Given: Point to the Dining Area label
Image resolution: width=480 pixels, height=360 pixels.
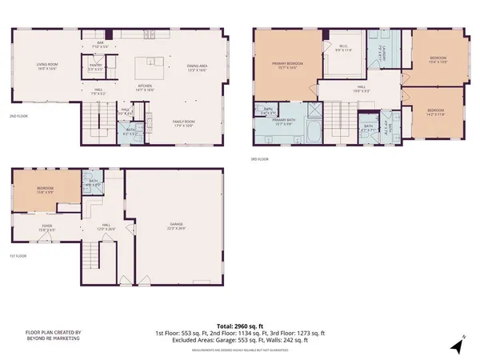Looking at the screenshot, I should click(198, 70).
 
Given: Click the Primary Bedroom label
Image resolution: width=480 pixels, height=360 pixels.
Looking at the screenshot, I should click(286, 66).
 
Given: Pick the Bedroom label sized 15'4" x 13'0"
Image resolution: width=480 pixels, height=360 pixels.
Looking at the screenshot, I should click(438, 60).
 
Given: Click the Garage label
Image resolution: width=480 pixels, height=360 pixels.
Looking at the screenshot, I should click(175, 226).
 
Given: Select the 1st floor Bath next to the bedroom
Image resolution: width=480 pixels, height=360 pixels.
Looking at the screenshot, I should click(94, 183).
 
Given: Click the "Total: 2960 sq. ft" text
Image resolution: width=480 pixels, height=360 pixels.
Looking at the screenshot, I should click(240, 326).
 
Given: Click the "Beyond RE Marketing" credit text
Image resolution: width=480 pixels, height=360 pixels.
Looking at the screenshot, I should click(43, 335).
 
